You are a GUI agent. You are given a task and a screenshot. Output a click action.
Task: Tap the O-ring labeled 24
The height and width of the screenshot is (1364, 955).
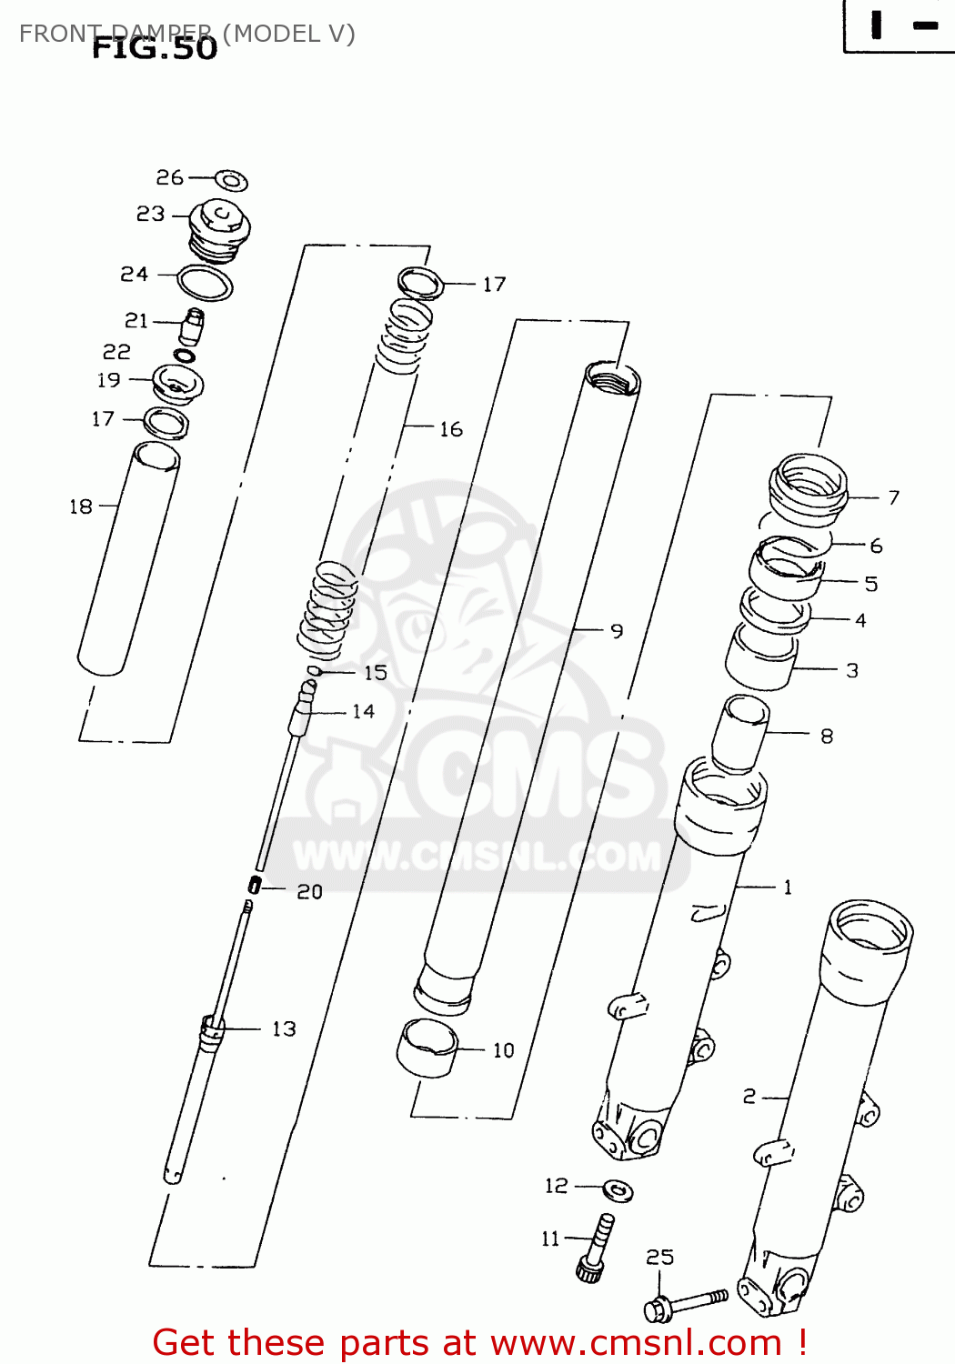click(205, 283)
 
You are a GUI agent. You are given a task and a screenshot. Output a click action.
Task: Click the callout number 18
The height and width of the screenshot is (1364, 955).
click(81, 506)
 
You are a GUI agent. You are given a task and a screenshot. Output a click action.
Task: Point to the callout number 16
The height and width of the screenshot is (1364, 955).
click(451, 429)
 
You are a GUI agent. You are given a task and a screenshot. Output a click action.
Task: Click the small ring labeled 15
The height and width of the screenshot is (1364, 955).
click(315, 671)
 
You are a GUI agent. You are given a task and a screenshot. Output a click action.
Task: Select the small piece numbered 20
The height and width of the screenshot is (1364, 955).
click(255, 884)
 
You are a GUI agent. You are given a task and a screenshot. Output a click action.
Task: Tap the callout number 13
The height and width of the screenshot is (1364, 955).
click(284, 1028)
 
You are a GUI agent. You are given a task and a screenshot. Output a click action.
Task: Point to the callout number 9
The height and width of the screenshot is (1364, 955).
click(617, 631)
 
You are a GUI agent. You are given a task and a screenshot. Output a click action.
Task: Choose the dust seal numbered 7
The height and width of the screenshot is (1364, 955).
click(808, 490)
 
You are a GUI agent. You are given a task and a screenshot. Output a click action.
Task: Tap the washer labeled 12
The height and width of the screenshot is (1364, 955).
click(618, 1189)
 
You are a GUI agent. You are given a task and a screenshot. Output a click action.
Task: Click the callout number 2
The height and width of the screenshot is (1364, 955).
click(749, 1097)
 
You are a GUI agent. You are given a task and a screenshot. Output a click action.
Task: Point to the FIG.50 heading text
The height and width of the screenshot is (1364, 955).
click(155, 48)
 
